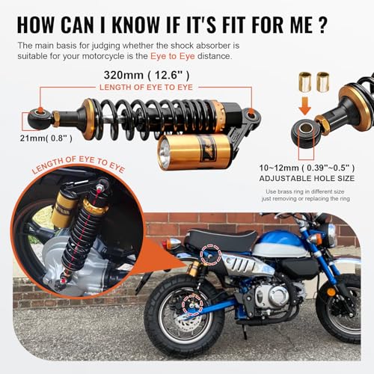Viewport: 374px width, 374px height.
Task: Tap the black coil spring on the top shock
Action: coord(135,117)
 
